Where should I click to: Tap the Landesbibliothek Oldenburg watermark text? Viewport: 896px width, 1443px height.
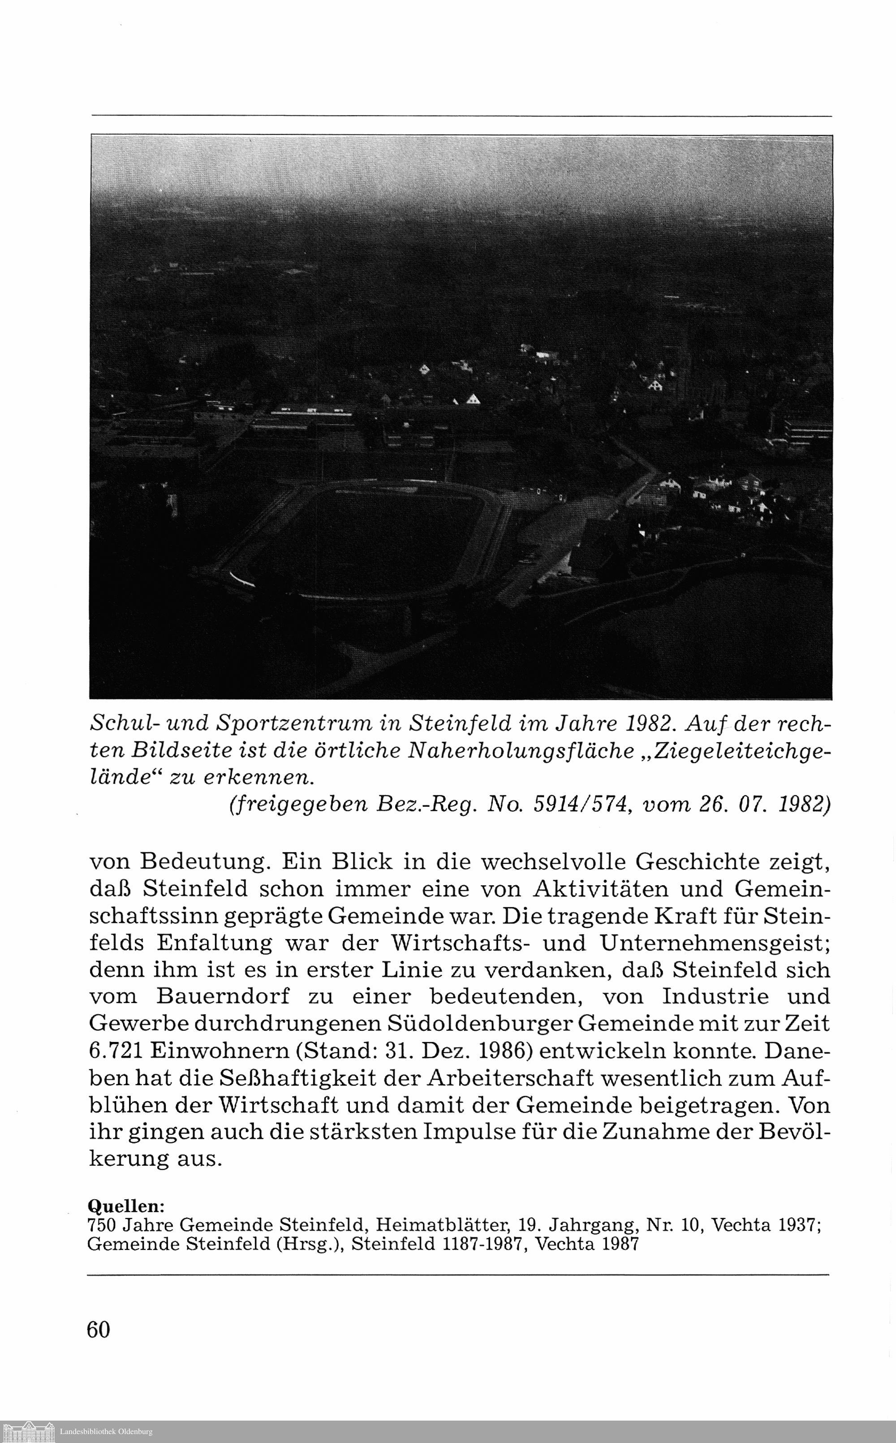(x=106, y=1436)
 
